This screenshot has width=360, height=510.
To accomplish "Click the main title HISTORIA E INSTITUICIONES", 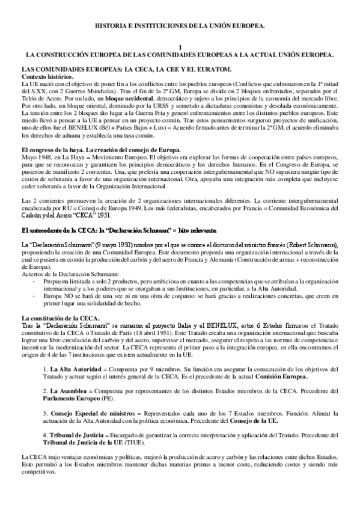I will pos(180,27).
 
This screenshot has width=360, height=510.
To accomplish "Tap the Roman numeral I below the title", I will pos(180,46).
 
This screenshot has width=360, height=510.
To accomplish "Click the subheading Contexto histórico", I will pos(47,77).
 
